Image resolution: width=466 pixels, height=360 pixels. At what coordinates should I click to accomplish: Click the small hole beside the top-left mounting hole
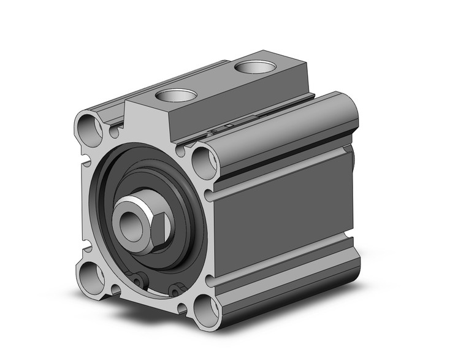tap(114, 131)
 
